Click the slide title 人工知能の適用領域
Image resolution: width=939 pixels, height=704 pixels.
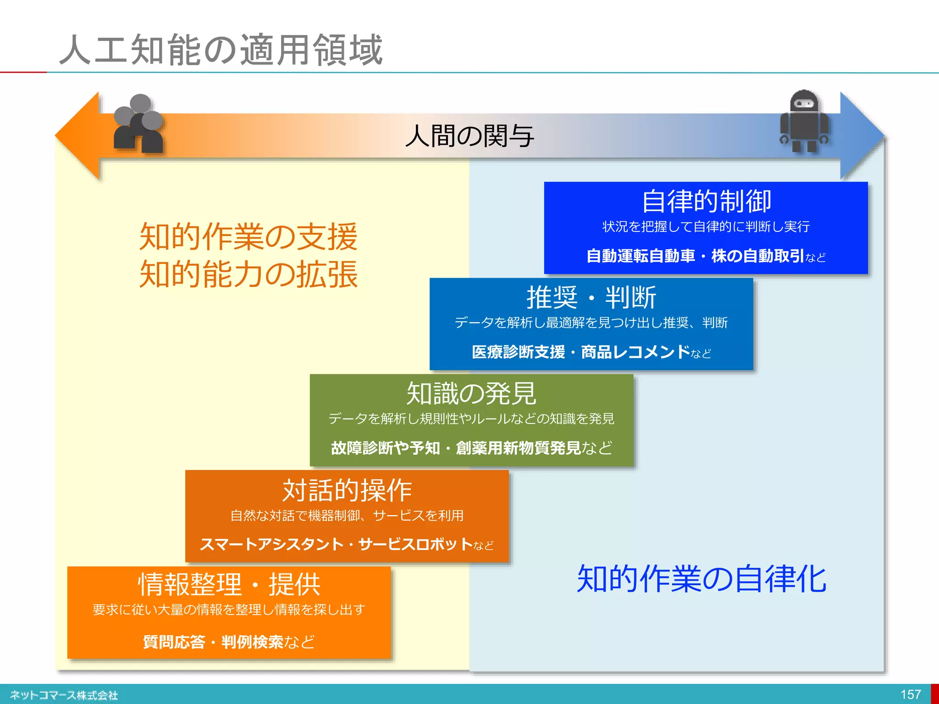[221, 49]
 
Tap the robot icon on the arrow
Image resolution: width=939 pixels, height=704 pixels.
[804, 121]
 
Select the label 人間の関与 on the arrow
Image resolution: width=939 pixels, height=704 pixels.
[469, 136]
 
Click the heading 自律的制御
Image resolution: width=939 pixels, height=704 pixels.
[706, 201]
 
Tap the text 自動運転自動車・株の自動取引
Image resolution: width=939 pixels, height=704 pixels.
[695, 256]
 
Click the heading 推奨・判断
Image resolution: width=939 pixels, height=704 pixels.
[591, 297]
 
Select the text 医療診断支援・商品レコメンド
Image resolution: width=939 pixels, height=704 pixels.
[580, 352]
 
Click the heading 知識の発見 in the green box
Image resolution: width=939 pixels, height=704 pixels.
[471, 393]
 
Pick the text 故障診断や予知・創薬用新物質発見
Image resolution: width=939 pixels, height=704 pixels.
[456, 448]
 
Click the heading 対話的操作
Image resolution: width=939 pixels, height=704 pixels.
[347, 490]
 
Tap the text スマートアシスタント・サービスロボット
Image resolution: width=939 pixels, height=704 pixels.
[336, 544]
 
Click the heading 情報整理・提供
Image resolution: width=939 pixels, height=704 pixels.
[229, 584]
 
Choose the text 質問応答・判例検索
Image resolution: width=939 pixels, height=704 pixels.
[213, 642]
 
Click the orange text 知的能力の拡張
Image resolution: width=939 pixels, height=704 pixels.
[248, 274]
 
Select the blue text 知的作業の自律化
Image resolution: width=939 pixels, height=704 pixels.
[701, 579]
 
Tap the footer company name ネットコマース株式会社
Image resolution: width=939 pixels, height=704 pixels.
[64, 695]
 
